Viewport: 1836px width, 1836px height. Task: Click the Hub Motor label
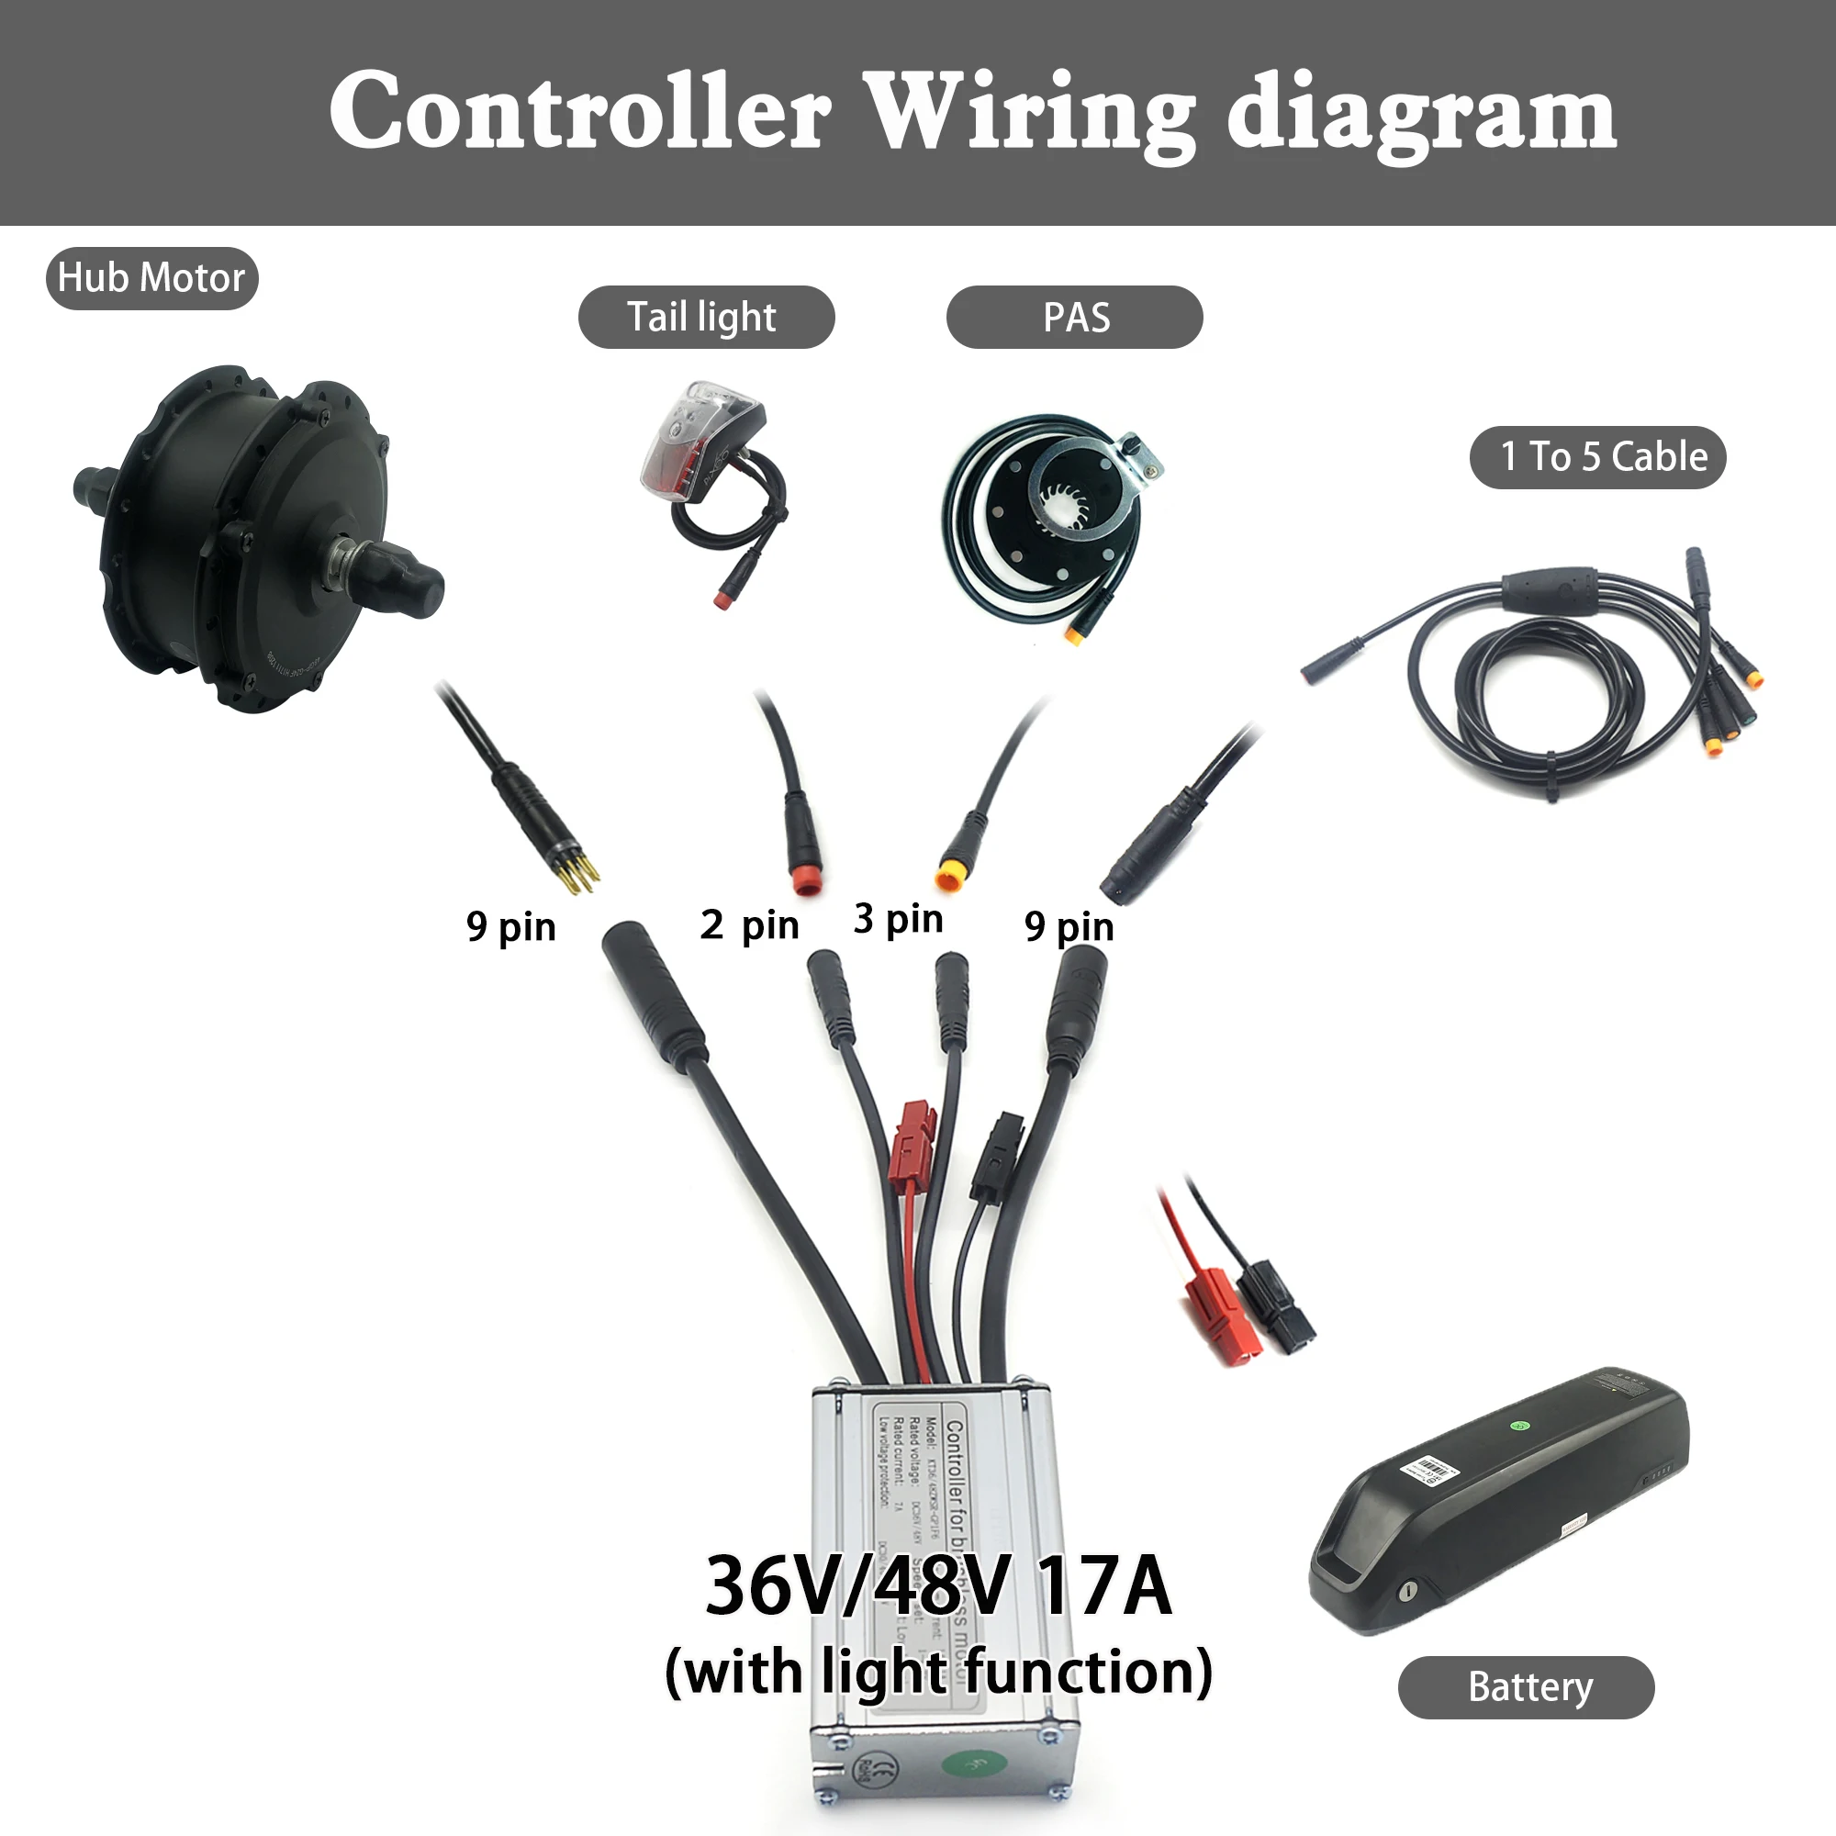pyautogui.click(x=151, y=278)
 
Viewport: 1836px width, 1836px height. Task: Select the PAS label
pyautogui.click(x=1074, y=318)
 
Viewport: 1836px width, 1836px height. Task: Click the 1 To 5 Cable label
pyautogui.click(x=1596, y=457)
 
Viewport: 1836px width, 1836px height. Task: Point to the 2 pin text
pyautogui.click(x=749, y=924)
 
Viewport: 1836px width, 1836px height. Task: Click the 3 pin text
pyautogui.click(x=897, y=919)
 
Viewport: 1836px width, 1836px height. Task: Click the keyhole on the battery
pyautogui.click(x=1408, y=1592)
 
